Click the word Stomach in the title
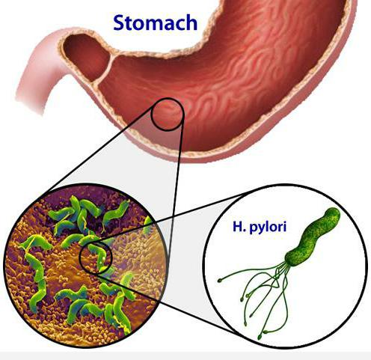click(x=155, y=22)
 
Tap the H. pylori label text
click(x=260, y=227)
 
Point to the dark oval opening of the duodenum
click(x=86, y=58)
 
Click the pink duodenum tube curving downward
click(x=37, y=75)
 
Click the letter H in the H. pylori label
click(x=237, y=227)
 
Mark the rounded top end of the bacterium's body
click(x=334, y=213)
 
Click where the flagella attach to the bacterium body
click(x=288, y=261)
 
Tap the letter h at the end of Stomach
click(x=191, y=22)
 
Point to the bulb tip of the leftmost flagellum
click(x=220, y=281)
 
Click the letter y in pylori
click(x=261, y=229)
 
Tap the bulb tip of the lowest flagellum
click(x=260, y=338)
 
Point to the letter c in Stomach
click(x=179, y=25)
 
